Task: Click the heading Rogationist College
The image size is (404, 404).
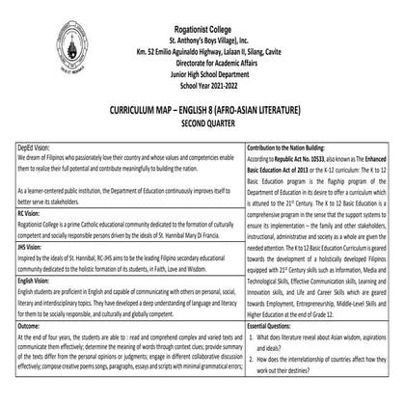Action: click(202, 8)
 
